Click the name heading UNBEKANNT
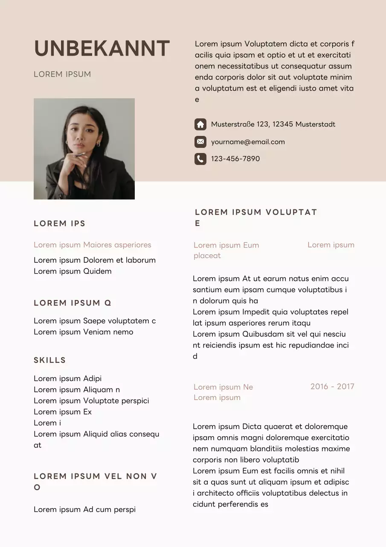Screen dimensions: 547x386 click(102, 49)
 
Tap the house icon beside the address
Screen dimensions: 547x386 click(200, 124)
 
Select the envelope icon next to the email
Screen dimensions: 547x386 click(200, 141)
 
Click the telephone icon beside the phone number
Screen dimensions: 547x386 click(200, 159)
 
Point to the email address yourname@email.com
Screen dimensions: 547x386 click(248, 142)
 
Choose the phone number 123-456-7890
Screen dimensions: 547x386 click(235, 159)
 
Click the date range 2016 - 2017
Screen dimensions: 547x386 click(332, 387)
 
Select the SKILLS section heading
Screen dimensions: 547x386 click(50, 360)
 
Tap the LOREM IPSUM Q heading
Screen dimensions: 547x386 click(73, 303)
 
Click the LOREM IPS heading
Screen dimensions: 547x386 click(60, 224)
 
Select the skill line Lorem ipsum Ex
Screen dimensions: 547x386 click(63, 412)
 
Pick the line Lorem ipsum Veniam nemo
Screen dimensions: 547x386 click(84, 332)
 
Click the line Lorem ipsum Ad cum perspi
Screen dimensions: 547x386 click(84, 509)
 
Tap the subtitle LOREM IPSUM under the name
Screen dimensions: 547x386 click(62, 74)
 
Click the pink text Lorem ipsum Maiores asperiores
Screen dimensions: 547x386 click(93, 245)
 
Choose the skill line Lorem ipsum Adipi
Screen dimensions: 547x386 click(67, 379)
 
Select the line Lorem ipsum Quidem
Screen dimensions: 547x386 click(73, 271)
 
